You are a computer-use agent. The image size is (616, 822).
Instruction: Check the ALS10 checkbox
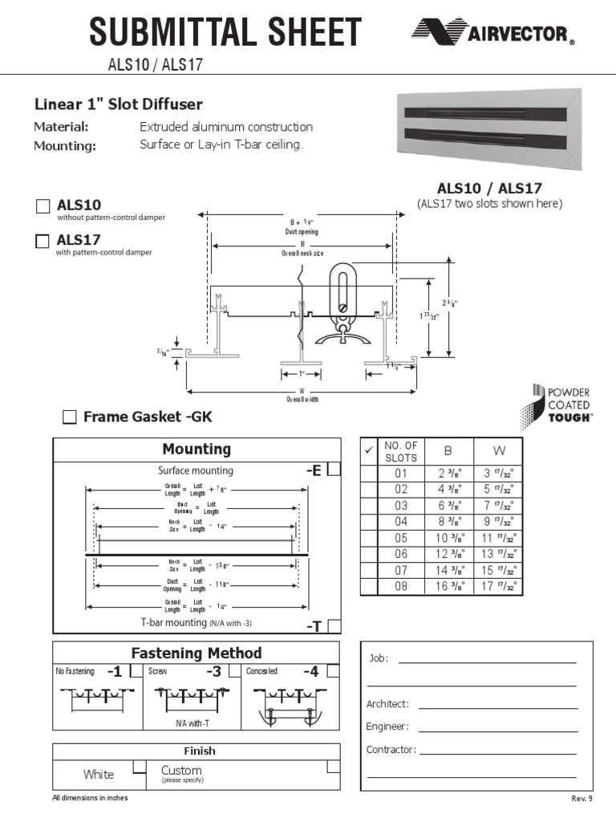tap(43, 206)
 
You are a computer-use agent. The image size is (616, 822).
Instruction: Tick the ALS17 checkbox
tap(43, 241)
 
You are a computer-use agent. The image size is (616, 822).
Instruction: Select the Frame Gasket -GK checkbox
tap(70, 417)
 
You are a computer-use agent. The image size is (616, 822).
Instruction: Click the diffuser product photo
tap(489, 131)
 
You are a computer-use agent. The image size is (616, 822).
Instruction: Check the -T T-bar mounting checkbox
tap(334, 626)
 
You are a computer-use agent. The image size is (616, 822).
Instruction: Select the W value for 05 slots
tap(497, 538)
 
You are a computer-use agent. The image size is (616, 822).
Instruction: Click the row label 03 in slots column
tap(401, 506)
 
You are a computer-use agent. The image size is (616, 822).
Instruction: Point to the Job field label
tap(378, 658)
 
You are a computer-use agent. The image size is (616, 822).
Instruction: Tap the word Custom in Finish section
tap(181, 770)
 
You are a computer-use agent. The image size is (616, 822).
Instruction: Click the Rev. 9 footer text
tap(582, 799)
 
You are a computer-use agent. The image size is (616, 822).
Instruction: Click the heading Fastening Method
tap(196, 653)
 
